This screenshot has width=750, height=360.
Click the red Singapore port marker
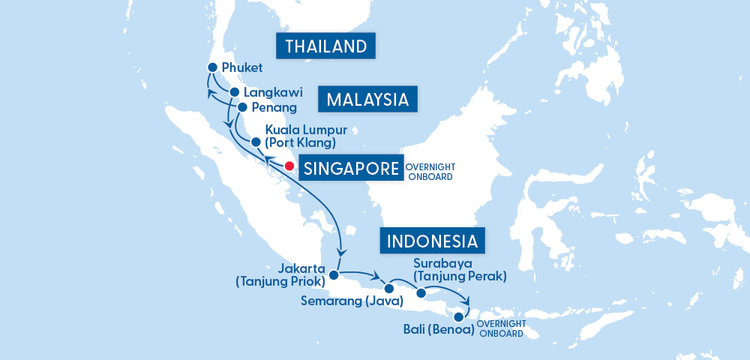pyautogui.click(x=289, y=166)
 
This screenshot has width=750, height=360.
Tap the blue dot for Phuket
pyautogui.click(x=212, y=67)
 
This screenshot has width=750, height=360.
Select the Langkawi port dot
pyautogui.click(x=234, y=92)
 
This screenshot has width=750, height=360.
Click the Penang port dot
pyautogui.click(x=241, y=107)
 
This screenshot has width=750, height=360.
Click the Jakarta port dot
pyautogui.click(x=334, y=274)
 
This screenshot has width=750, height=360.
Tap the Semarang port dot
pyautogui.click(x=388, y=288)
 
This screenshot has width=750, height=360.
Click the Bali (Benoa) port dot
pyautogui.click(x=458, y=317)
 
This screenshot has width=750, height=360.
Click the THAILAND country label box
pyautogui.click(x=325, y=46)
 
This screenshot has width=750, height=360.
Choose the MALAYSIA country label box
pyautogui.click(x=367, y=100)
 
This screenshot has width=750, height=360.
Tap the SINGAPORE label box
pyautogui.click(x=349, y=168)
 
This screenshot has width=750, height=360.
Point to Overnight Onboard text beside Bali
pyautogui.click(x=499, y=328)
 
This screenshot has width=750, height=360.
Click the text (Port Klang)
pyautogui.click(x=300, y=142)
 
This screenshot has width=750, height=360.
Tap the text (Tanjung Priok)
pyautogui.click(x=280, y=282)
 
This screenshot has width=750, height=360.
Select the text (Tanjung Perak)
pyautogui.click(x=460, y=276)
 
